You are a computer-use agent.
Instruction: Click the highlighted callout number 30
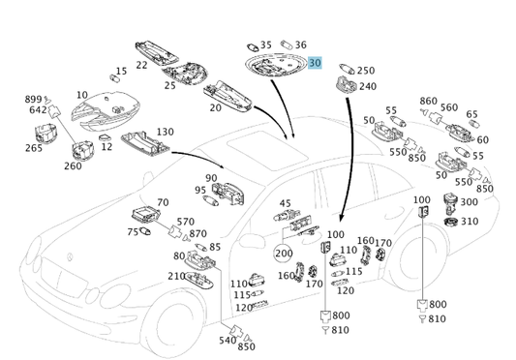pos(315,63)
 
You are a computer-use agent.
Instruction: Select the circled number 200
pos(284,253)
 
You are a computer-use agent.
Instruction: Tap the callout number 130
pos(165,132)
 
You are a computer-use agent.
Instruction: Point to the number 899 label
pos(33,99)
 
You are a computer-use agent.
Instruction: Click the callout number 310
pos(470,222)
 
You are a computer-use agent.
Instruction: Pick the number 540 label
pos(228,341)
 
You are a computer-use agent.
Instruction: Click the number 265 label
pos(34,148)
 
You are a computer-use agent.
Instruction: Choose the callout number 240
pos(368,86)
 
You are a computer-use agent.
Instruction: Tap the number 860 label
pos(429,101)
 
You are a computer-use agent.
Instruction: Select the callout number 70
pos(163,202)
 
